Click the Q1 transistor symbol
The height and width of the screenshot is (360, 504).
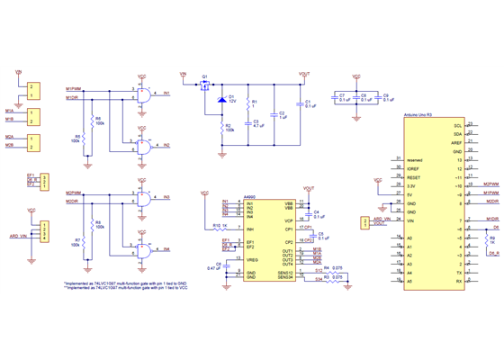coord(204,86)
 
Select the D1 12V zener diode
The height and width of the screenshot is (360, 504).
coord(221,100)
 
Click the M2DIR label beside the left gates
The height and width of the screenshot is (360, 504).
coord(74,201)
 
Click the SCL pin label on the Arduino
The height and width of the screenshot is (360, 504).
coord(457,125)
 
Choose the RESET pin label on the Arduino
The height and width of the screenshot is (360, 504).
coord(414,177)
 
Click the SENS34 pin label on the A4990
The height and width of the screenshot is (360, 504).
coord(285,278)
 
